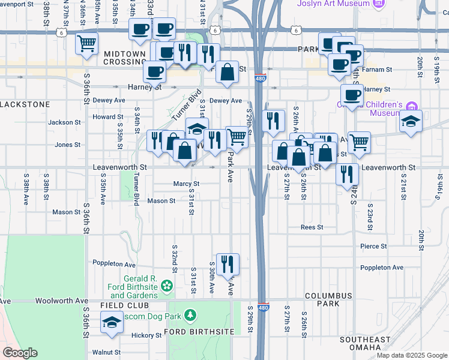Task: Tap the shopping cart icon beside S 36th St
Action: tap(86, 44)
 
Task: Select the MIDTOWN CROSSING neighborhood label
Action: tap(125, 58)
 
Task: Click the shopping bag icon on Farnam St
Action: tap(227, 72)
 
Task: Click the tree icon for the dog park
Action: tap(190, 315)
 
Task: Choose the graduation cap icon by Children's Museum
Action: tap(411, 121)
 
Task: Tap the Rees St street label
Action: tap(312, 227)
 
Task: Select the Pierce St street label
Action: tap(373, 246)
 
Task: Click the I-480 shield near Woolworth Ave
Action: tap(262, 306)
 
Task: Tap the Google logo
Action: tap(20, 353)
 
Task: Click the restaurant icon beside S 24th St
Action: tap(347, 174)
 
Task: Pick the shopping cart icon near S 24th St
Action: tap(359, 142)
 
